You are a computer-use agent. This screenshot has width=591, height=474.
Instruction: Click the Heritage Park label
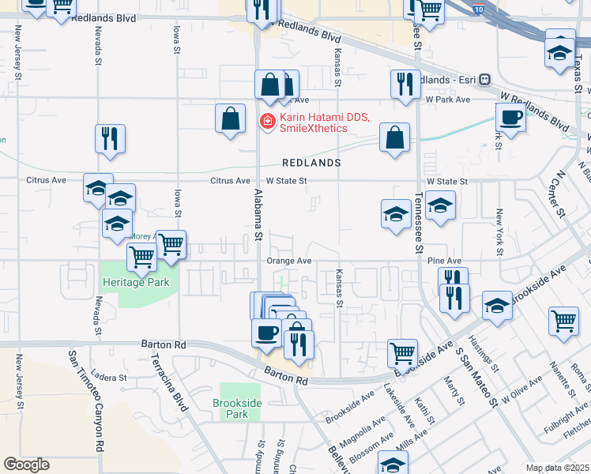click(135, 282)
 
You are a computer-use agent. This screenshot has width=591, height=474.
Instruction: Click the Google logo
click(26, 465)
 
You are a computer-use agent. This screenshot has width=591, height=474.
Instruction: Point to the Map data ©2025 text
click(557, 468)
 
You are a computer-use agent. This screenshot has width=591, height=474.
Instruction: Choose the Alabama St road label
click(258, 213)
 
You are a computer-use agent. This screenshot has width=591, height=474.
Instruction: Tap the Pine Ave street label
click(443, 261)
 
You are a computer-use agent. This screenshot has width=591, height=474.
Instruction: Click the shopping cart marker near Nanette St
click(563, 321)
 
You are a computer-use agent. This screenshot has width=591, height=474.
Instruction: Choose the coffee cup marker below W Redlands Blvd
click(510, 118)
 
